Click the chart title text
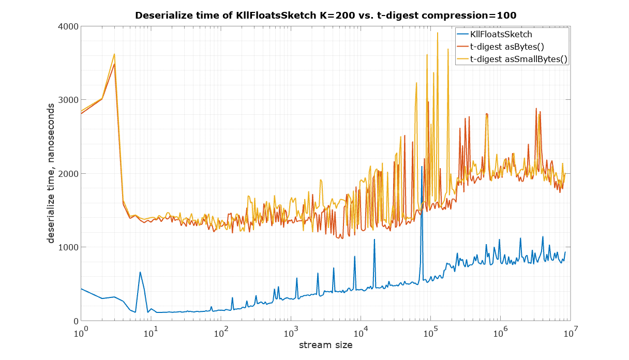coord(325,16)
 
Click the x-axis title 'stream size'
coord(325,344)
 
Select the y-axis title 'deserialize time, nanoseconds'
coord(52,173)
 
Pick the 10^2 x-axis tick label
coord(221,332)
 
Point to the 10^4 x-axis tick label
coord(361,332)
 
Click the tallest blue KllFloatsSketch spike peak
coord(422,167)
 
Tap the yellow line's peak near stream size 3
coord(114,54)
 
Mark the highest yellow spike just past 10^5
coord(437,33)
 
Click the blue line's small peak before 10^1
coord(140,272)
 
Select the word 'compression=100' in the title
coord(477,16)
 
